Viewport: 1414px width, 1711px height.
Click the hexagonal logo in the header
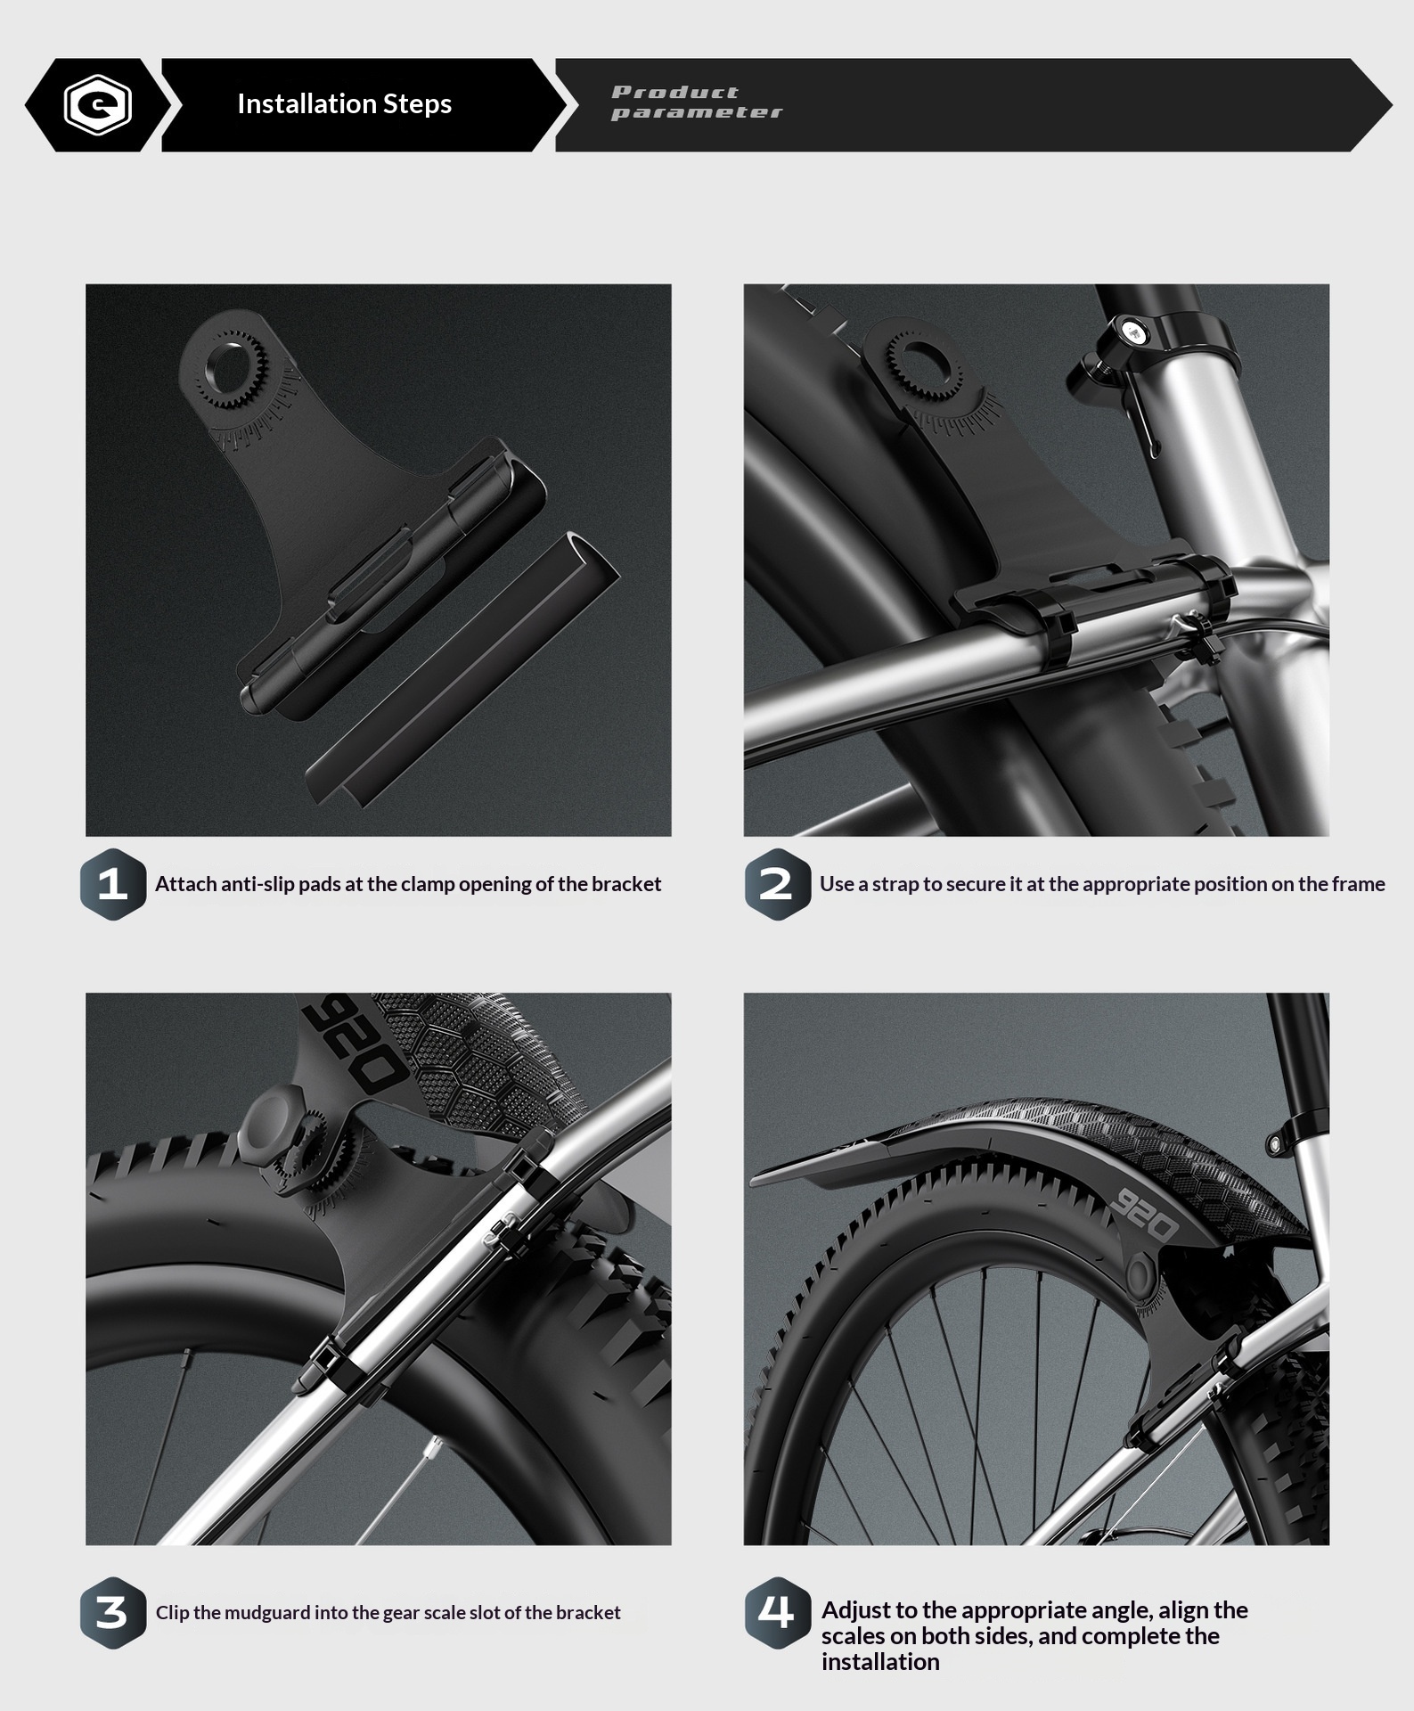tap(98, 105)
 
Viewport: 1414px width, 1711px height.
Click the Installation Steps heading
tap(344, 104)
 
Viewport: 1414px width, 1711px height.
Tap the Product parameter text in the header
tap(697, 102)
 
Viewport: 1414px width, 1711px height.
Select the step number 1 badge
tap(113, 884)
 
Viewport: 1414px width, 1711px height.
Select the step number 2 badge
tap(777, 884)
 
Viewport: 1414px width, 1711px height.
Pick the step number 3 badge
tap(113, 1613)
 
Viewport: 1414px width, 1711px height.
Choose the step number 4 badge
tap(777, 1613)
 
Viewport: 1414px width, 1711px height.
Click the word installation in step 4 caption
tap(880, 1662)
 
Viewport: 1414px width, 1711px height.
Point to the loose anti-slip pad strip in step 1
tap(462, 668)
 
